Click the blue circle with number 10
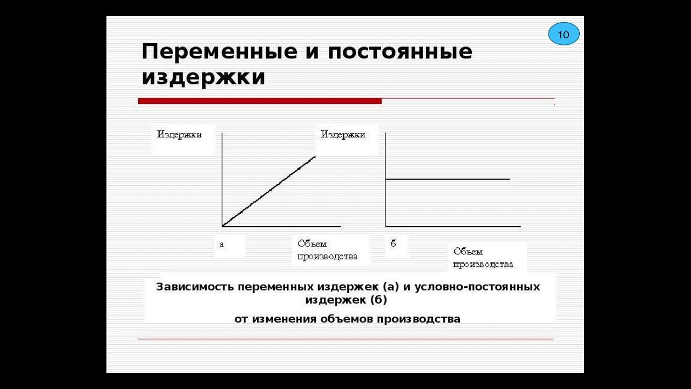[564, 35]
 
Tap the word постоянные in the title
[399, 52]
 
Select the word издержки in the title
[204, 77]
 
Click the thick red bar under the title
[260, 101]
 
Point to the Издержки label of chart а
[179, 135]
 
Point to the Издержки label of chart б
[343, 135]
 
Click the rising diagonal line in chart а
[269, 191]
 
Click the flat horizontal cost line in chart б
[448, 179]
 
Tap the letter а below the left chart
[221, 244]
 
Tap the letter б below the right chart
[394, 244]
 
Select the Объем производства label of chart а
[327, 250]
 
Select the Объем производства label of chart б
[483, 258]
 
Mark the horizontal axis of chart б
[453, 226]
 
